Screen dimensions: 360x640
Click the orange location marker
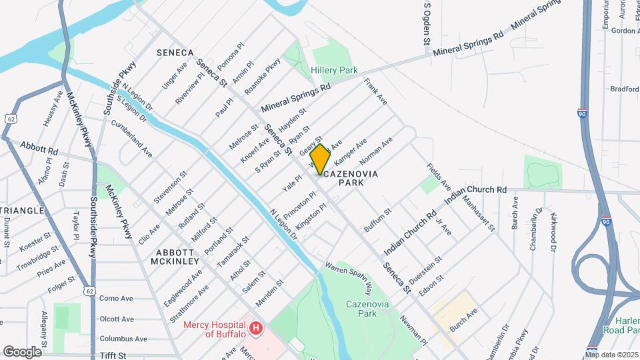tap(320, 159)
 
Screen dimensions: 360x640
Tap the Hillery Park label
tap(334, 70)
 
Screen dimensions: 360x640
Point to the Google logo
tap(21, 351)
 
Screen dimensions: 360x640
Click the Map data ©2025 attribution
tap(612, 355)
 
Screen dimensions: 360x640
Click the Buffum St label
tap(377, 220)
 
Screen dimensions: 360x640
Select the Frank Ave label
tap(375, 91)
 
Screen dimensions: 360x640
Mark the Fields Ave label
tap(439, 176)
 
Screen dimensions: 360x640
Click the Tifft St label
tap(113, 357)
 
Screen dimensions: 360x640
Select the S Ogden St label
tap(427, 23)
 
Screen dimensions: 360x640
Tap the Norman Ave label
tap(376, 151)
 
